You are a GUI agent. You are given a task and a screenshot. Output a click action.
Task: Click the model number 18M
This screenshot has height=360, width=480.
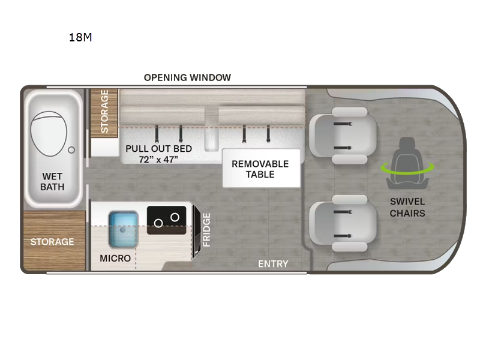[80, 37]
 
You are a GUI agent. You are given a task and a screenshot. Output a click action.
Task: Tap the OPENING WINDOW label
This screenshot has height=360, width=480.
[187, 77]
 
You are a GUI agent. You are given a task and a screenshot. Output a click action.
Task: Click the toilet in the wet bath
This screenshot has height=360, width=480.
[49, 134]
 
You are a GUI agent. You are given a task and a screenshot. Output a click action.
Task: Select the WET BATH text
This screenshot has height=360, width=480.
[52, 182]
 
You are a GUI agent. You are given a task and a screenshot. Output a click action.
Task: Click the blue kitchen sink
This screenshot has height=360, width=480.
[124, 229]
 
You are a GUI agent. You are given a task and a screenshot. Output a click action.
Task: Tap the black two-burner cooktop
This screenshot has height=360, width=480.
[167, 220]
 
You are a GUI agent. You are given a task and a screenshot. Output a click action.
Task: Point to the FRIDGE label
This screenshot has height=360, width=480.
[206, 230]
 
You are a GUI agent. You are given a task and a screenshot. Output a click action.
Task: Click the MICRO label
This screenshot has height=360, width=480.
[115, 259]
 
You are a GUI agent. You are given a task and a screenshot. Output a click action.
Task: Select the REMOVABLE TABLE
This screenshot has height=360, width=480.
[261, 169]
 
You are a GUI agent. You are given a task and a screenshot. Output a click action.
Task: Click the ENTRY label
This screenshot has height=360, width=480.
[273, 263]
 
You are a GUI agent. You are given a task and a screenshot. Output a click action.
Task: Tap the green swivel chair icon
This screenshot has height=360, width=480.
[407, 163]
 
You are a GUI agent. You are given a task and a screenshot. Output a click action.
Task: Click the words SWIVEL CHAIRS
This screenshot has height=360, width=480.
[407, 207]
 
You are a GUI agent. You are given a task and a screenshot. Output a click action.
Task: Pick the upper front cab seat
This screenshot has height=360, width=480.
[343, 136]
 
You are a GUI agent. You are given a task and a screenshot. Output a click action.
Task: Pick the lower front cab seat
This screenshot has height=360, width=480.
[343, 223]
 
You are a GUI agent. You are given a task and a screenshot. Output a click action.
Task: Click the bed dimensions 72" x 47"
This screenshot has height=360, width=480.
[158, 160]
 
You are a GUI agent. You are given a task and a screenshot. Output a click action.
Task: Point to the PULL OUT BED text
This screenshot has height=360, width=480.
[158, 148]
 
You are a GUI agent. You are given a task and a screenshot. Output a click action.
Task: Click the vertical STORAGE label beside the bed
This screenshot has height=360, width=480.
[104, 112]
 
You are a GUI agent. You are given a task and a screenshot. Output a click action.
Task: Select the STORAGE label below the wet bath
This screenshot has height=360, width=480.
[52, 242]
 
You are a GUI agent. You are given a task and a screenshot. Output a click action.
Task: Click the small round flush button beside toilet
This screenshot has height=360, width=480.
[71, 150]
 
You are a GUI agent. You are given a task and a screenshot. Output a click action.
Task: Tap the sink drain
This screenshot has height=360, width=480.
[122, 230]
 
